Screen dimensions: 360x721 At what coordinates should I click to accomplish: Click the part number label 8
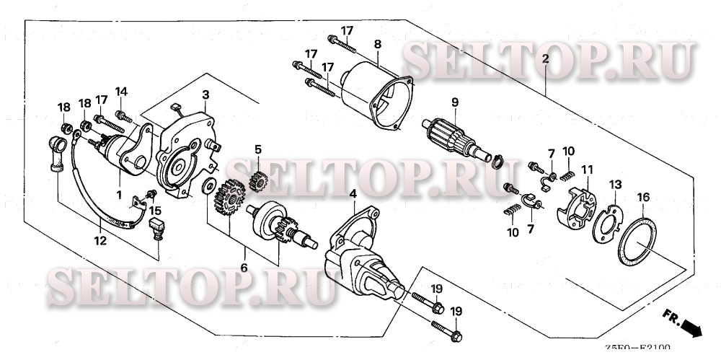point(377,44)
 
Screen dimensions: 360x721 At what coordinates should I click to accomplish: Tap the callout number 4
point(353,193)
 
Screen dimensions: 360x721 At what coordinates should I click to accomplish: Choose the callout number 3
point(205,95)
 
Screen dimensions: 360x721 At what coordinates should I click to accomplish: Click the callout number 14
point(121,92)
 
